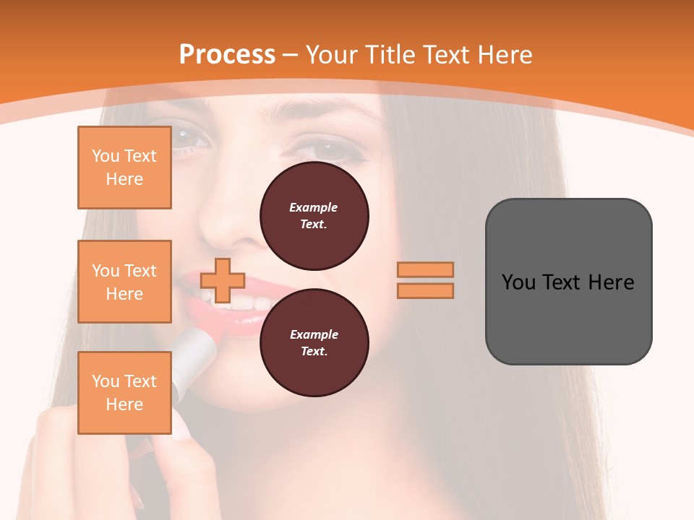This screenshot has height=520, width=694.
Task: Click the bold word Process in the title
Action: point(227,55)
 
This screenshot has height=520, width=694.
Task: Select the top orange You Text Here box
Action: point(124,168)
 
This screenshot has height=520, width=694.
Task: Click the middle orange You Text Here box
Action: point(124,282)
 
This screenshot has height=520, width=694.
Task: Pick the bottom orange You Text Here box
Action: point(124,392)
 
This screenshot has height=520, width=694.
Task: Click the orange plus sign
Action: point(223,280)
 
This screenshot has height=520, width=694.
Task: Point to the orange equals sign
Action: point(425,280)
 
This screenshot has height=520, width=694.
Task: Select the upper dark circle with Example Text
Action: point(314,216)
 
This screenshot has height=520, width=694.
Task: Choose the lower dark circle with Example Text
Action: point(314,343)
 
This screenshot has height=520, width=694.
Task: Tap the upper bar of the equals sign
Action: point(425,270)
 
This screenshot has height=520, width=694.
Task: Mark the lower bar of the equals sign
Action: point(425,290)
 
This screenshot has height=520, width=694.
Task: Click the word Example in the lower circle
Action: point(314,334)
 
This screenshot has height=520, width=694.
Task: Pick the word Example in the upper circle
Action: point(314,207)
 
